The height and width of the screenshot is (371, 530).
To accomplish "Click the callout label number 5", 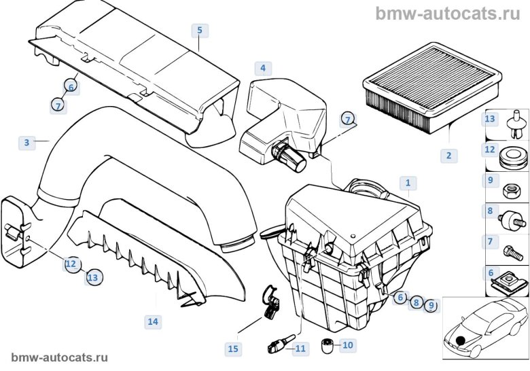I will pyautogui.click(x=199, y=31).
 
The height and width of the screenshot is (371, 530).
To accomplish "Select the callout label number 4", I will pyautogui.click(x=262, y=68).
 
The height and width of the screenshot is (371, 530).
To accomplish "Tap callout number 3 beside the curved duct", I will pyautogui.click(x=26, y=142).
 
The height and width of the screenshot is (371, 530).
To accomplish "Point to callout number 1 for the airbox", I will pyautogui.click(x=408, y=182).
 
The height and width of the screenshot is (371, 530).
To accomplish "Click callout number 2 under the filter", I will pyautogui.click(x=448, y=156).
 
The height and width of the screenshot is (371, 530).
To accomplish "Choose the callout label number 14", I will pyautogui.click(x=152, y=321).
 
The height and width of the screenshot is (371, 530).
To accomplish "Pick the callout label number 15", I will pyautogui.click(x=233, y=349).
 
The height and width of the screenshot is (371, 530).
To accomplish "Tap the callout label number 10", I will pyautogui.click(x=347, y=345).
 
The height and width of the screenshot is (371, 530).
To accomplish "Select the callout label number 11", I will pyautogui.click(x=300, y=349).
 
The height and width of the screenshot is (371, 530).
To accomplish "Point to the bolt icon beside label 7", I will pyautogui.click(x=514, y=249).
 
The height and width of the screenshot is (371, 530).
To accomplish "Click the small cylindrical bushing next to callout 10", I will pyautogui.click(x=326, y=347).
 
